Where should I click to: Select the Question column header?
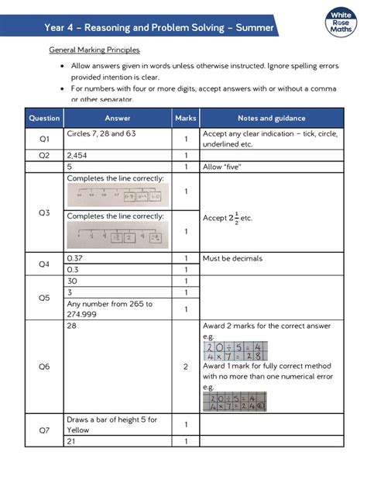[44, 119]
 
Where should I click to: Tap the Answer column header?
[118, 119]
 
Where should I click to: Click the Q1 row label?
[44, 139]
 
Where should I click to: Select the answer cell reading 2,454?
[77, 155]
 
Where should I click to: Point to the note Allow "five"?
[221, 167]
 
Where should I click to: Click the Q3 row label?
[44, 212]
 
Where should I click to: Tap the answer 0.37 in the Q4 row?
[75, 257]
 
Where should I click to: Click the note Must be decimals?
[232, 258]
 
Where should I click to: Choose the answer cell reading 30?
[73, 281]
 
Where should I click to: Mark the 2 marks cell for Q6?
[186, 367]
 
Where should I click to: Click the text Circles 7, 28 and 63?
[101, 134]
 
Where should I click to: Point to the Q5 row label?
[44, 297]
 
